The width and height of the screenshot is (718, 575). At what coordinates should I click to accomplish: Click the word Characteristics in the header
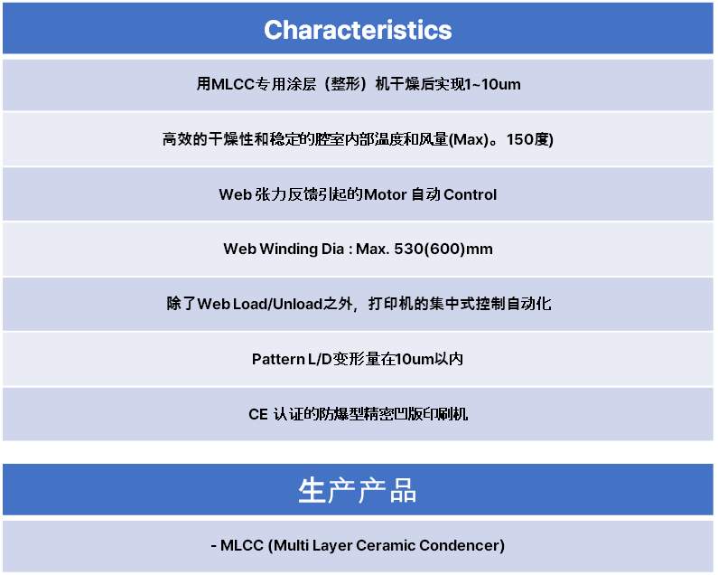pyautogui.click(x=358, y=30)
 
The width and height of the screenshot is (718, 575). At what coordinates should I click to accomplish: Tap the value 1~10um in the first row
pyautogui.click(x=493, y=84)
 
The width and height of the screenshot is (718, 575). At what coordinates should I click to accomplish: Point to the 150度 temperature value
pyautogui.click(x=530, y=139)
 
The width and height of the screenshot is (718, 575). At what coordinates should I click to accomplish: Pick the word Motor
pyautogui.click(x=386, y=194)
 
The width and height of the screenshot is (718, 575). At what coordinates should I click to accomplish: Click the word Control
pyautogui.click(x=470, y=194)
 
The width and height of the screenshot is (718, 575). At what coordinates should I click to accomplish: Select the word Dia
pyautogui.click(x=332, y=249)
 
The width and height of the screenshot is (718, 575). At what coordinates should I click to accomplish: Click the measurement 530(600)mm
pyautogui.click(x=443, y=249)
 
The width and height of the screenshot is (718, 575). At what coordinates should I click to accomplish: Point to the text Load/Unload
pyautogui.click(x=277, y=304)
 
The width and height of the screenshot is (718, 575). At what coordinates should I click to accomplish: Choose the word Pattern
pyautogui.click(x=278, y=359)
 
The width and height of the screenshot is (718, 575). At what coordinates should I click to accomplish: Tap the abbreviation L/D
pyautogui.click(x=320, y=359)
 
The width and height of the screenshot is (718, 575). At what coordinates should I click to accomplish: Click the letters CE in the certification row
pyautogui.click(x=258, y=414)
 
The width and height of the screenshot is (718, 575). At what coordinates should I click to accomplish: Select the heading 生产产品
pyautogui.click(x=358, y=490)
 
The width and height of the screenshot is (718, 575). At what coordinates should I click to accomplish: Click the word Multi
pyautogui.click(x=288, y=545)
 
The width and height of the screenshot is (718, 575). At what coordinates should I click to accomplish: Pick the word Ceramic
pyautogui.click(x=385, y=545)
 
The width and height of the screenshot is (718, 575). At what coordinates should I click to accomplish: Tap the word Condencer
pyautogui.click(x=459, y=545)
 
